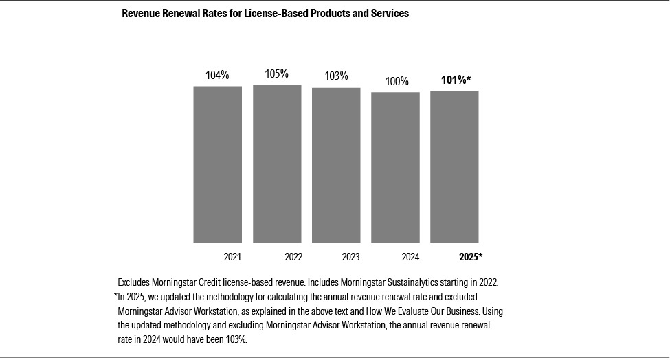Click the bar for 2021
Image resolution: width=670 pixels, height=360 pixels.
point(217,164)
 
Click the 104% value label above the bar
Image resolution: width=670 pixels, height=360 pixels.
point(217,76)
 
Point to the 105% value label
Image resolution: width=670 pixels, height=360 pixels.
point(277,74)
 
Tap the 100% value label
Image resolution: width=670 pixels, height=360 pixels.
point(397,82)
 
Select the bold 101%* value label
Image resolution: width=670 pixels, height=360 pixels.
point(456,80)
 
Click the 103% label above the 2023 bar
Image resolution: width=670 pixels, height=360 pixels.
point(336,76)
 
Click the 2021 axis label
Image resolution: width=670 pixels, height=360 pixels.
point(232,258)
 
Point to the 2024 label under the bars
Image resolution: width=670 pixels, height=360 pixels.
point(410,258)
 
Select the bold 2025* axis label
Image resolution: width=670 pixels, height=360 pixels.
point(471,258)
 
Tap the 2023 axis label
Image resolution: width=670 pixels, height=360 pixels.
point(350,258)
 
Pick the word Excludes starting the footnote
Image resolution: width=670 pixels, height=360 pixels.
point(135,282)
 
